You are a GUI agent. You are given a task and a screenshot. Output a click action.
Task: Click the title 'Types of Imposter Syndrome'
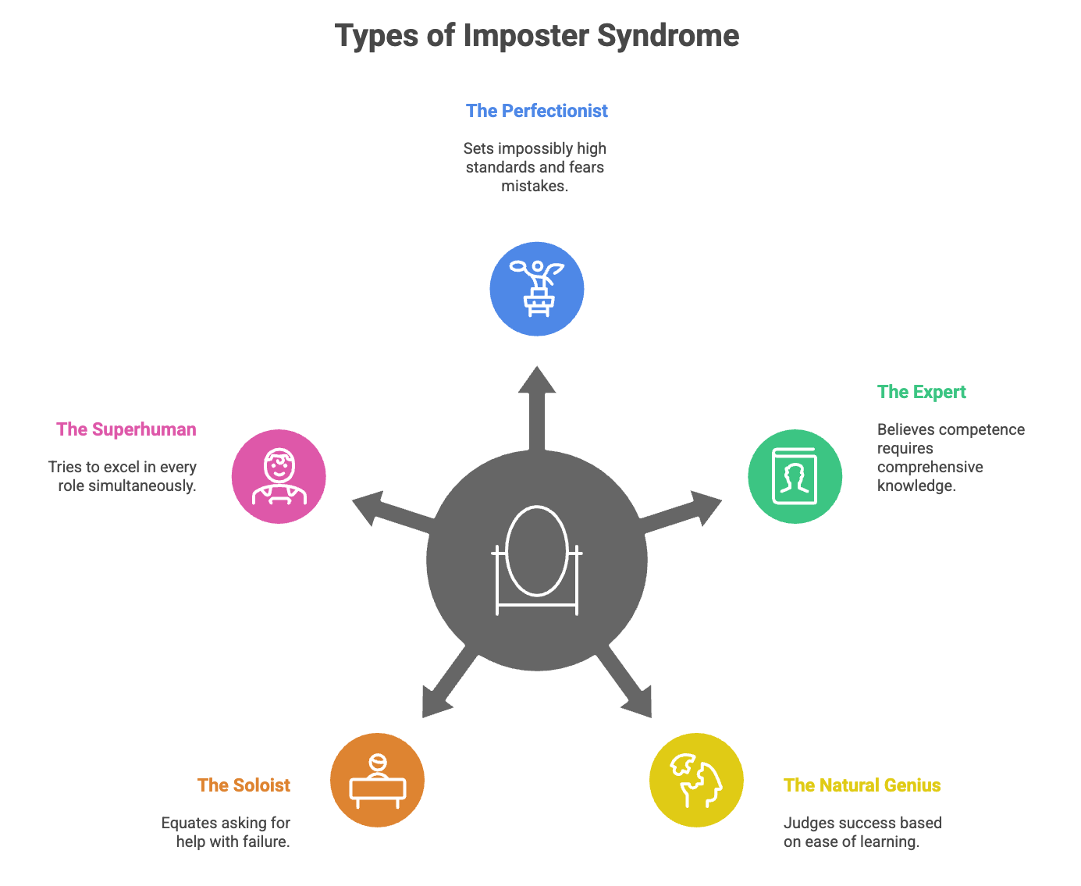pos(537,36)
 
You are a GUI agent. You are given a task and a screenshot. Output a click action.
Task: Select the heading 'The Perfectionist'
pos(537,111)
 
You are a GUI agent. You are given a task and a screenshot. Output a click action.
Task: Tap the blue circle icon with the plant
pos(537,289)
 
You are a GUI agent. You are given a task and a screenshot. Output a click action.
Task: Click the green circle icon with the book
pos(795,476)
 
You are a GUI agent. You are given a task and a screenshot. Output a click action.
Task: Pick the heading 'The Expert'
pos(921,392)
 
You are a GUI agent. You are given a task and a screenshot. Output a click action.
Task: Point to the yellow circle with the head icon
pos(696,780)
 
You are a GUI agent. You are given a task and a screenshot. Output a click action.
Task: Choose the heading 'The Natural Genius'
pos(862,785)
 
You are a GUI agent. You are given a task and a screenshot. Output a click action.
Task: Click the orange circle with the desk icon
pos(378,780)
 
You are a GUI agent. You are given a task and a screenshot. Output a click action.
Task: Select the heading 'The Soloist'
pos(244,785)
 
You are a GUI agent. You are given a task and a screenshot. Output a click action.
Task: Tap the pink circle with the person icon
pos(279,476)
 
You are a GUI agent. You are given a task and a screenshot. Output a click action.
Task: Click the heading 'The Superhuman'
pos(126,429)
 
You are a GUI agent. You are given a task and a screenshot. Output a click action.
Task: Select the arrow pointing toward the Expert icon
pos(687,511)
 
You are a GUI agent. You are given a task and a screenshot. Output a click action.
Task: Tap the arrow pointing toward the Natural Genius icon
pos(629,687)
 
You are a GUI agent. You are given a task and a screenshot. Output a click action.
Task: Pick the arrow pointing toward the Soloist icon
pos(445,687)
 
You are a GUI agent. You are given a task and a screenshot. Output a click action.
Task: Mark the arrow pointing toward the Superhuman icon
pos(387,511)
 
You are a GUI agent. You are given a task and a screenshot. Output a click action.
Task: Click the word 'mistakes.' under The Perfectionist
pos(535,186)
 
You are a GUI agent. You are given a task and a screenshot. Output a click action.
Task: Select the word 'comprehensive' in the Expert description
pos(930,467)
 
